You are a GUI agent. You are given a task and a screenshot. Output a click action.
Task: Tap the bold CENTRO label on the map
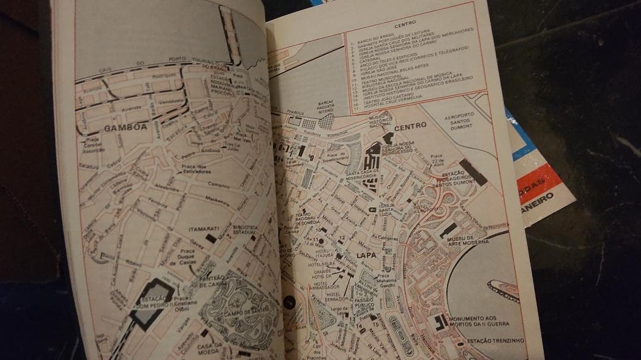411,127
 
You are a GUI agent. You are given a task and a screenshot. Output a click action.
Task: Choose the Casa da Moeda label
211,349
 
